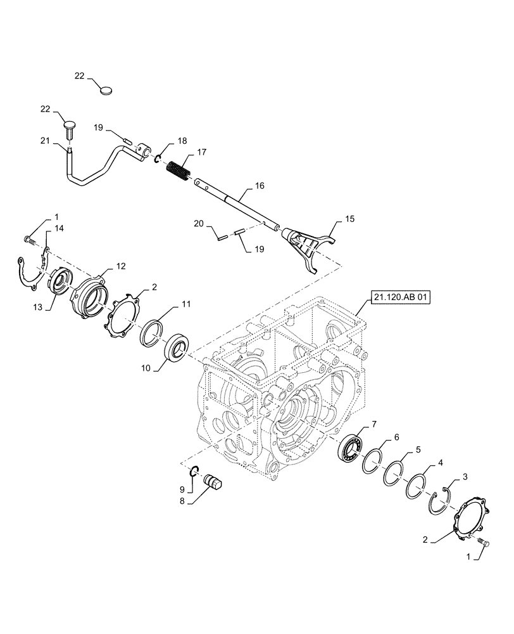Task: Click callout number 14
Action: [58, 228]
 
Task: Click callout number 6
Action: [396, 437]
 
